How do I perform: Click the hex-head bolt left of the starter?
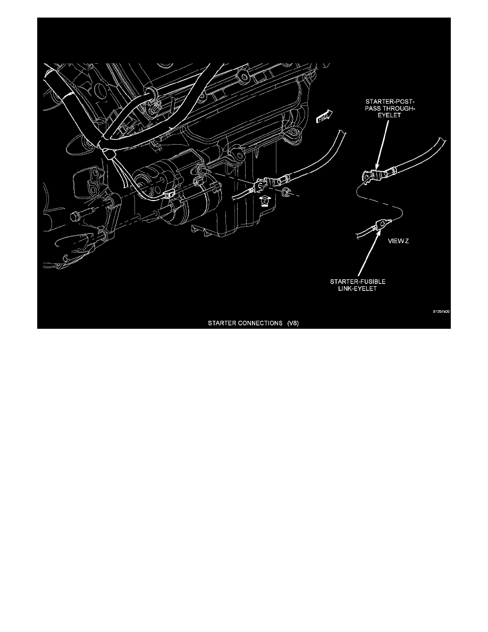click(x=76, y=217)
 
